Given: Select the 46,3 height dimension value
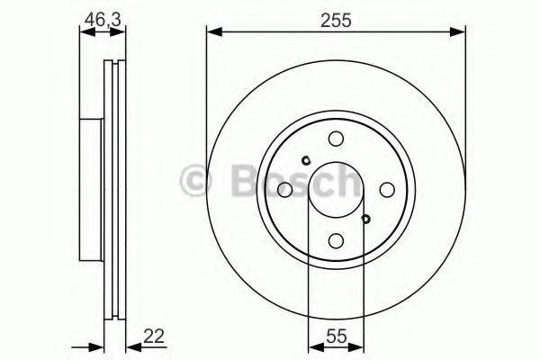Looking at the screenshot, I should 100,19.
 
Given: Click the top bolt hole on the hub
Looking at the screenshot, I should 336,139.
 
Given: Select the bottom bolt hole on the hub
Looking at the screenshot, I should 336,240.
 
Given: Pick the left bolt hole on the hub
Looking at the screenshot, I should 284,190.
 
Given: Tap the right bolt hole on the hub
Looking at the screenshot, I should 387,190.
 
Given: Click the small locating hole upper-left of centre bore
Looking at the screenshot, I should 306,162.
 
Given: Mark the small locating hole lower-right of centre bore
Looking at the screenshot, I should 365,218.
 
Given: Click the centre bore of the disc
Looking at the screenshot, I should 336,190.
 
